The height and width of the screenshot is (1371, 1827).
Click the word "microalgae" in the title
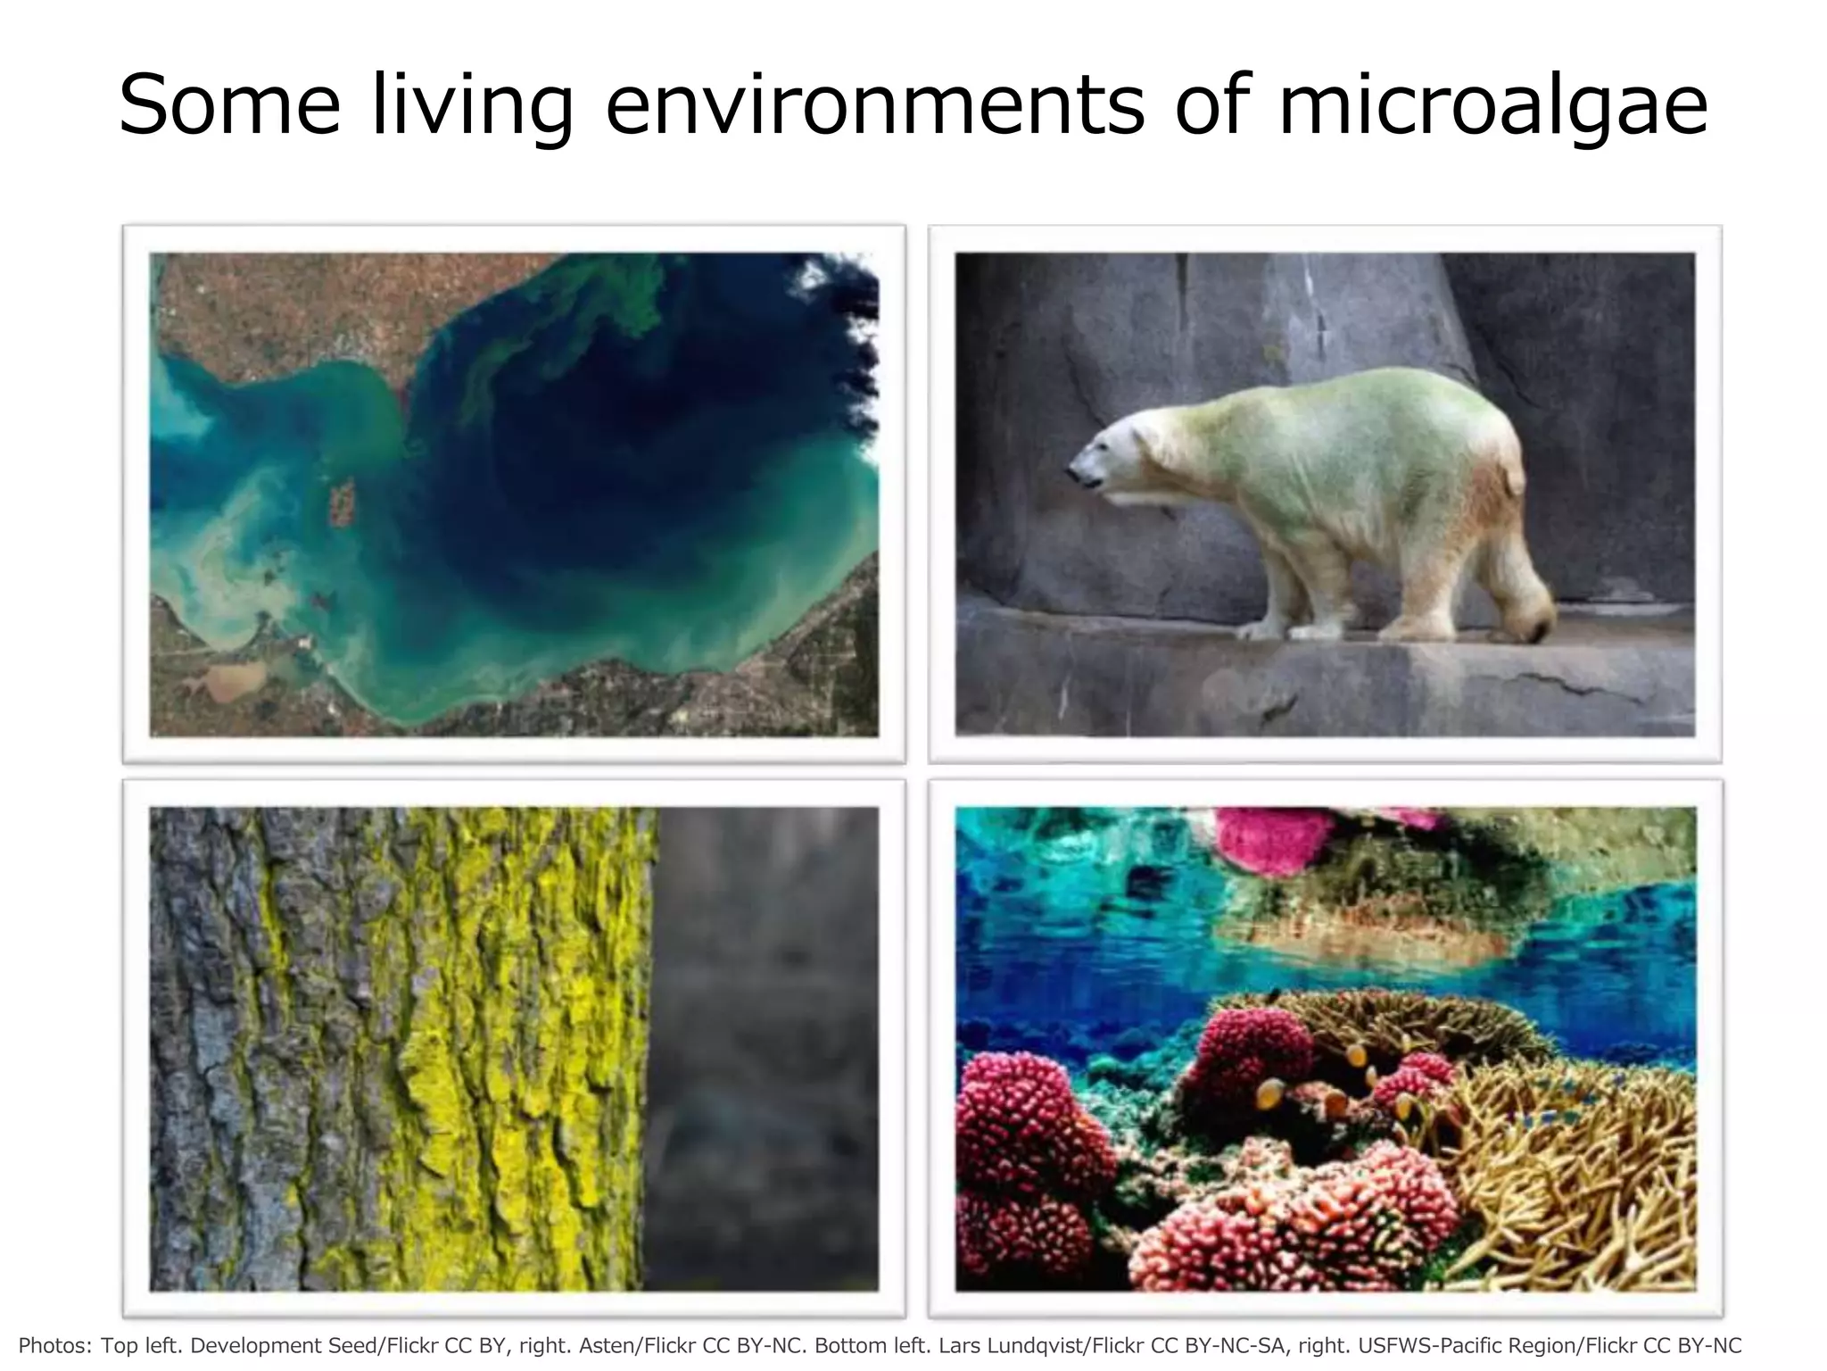1492,105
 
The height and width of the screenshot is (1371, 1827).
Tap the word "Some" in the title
229,105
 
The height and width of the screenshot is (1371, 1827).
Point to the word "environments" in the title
874,105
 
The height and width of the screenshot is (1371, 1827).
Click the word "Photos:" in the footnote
55,1345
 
